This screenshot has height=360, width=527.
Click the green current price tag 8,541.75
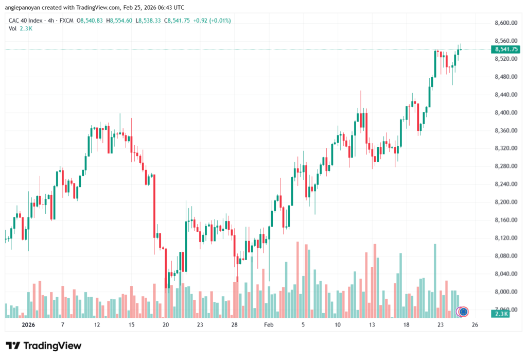[x=506, y=49]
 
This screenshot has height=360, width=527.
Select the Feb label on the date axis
[x=269, y=325]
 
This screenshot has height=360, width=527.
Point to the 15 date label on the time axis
[x=131, y=325]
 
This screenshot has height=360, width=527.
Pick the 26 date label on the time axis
[x=475, y=325]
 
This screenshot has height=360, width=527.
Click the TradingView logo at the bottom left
[x=43, y=346]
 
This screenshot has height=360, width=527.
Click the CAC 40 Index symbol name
[x=27, y=21]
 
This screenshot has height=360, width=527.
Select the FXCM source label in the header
[x=65, y=21]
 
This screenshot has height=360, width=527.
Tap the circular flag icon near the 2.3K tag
[x=463, y=311]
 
